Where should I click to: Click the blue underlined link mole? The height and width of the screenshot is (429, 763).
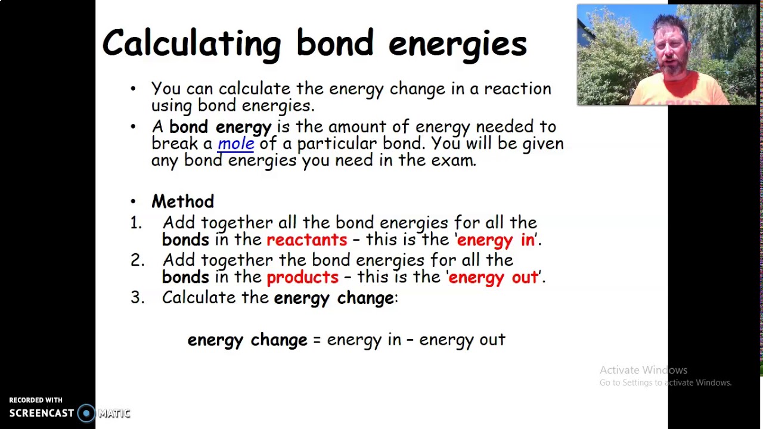236,144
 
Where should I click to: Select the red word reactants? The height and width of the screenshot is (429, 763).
306,240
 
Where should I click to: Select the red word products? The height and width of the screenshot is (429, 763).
302,277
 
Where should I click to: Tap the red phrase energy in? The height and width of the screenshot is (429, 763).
495,240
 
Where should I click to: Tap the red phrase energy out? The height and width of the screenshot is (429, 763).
493,277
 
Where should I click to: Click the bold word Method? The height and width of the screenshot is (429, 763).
182,201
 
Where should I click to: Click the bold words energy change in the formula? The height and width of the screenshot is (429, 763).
247,340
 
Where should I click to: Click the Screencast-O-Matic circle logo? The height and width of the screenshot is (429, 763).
86,414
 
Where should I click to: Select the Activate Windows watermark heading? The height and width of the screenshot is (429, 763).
643,370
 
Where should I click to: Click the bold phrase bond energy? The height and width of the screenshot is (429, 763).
220,127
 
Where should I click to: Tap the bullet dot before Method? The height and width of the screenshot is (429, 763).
133,202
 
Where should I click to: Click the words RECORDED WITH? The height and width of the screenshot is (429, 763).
36,400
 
